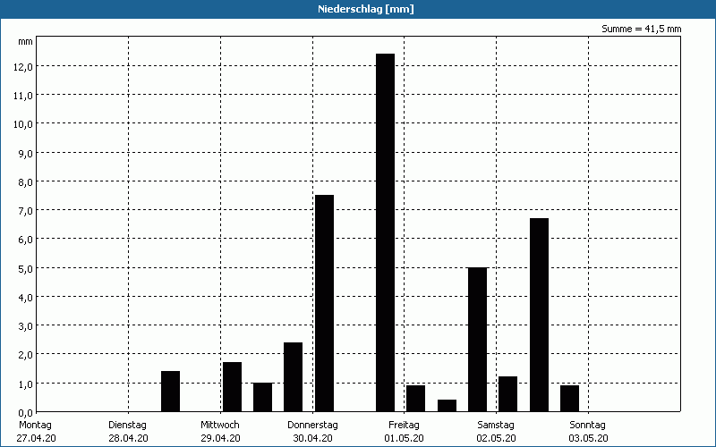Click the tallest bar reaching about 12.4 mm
pos(385,232)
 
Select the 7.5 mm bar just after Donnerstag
pos(324,303)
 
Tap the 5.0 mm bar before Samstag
pos(478,339)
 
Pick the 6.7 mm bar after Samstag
pos(539,315)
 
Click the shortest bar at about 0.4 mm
pos(447,406)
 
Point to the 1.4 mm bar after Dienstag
pos(170,392)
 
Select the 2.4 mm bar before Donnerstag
pos(293,376)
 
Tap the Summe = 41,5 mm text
pos(642,30)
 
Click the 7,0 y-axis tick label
pos(24,210)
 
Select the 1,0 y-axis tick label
pos(24,383)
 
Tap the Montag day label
pos(36,425)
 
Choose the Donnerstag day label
pos(312,425)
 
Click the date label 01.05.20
pos(405,438)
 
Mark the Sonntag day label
pos(588,425)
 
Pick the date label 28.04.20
pos(128,438)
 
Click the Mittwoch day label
pos(220,425)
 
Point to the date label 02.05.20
pos(496,438)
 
